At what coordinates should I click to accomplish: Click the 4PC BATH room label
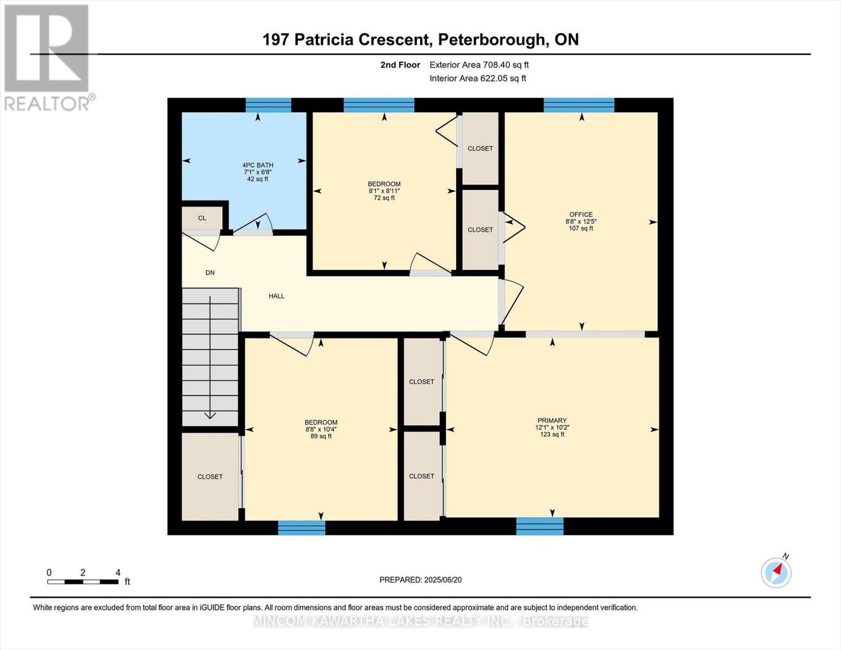(x=257, y=165)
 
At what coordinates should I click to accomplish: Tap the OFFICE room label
(x=581, y=214)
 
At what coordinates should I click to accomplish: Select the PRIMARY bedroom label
(x=552, y=420)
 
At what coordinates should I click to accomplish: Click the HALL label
(x=276, y=296)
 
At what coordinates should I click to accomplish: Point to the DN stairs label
(x=210, y=273)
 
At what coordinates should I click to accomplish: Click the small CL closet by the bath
(x=202, y=218)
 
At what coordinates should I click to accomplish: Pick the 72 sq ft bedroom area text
(x=384, y=198)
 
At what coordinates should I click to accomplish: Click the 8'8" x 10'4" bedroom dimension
(x=321, y=430)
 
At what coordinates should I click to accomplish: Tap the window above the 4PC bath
(x=268, y=105)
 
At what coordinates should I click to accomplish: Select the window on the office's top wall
(x=578, y=105)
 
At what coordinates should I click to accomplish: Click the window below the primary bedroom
(x=539, y=526)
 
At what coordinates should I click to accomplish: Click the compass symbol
(x=776, y=572)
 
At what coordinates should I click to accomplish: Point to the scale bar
(x=82, y=582)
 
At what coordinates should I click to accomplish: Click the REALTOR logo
(x=47, y=57)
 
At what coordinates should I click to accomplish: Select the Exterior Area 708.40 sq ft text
(x=479, y=65)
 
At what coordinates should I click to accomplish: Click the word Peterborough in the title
(x=491, y=40)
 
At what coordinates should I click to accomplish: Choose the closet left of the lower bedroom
(x=210, y=477)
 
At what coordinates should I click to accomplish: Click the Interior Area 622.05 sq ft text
(x=478, y=79)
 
